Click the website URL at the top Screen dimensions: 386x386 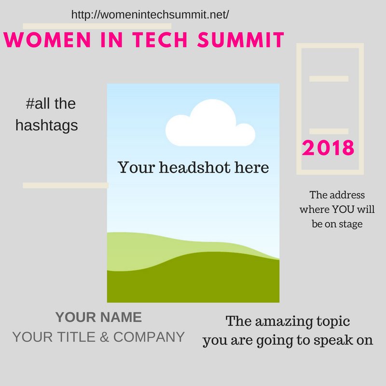pos(150,14)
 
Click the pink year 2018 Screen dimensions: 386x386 pos(328,148)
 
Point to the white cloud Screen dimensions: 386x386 pos(209,123)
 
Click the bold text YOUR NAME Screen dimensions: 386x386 pos(98,317)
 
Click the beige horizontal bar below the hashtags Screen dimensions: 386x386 pos(65,185)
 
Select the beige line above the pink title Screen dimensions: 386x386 pos(96,26)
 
